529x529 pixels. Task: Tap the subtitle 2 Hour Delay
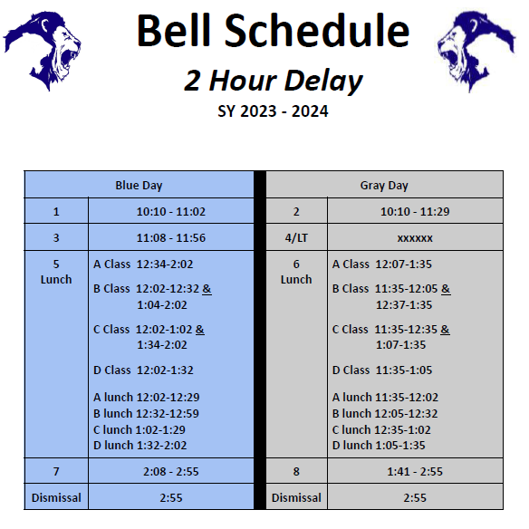(273, 81)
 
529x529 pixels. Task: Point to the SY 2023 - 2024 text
(273, 112)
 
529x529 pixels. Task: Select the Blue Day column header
(139, 186)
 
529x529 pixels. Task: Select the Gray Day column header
(384, 186)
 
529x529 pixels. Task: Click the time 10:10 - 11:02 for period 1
(170, 212)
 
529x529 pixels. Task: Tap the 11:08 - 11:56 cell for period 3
(170, 238)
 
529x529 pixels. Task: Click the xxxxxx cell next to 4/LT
(415, 238)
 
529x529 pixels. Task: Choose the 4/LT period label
(296, 238)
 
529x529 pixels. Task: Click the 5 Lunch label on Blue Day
(56, 272)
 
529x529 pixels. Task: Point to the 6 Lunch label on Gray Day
(296, 272)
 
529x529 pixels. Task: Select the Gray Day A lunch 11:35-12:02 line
(385, 397)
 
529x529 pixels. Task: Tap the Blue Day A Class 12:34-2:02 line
(143, 264)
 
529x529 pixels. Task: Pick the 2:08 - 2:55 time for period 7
(170, 472)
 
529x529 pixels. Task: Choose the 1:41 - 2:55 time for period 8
(415, 472)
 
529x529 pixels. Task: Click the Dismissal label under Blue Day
(56, 497)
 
